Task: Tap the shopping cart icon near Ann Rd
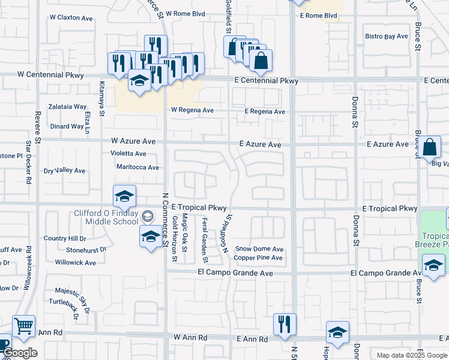pyautogui.click(x=23, y=327)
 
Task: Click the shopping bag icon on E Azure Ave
pyautogui.click(x=430, y=148)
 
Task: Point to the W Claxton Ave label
pyautogui.click(x=71, y=18)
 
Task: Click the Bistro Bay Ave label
pyautogui.click(x=387, y=37)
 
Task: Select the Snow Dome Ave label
pyautogui.click(x=259, y=249)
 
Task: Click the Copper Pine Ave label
pyautogui.click(x=258, y=258)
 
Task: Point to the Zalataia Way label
pyautogui.click(x=68, y=106)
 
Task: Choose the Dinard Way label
pyautogui.click(x=67, y=127)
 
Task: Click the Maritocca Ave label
pyautogui.click(x=137, y=167)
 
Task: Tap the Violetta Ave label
pyautogui.click(x=128, y=154)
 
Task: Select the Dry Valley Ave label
pyautogui.click(x=65, y=171)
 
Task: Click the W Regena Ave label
pyautogui.click(x=192, y=110)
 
